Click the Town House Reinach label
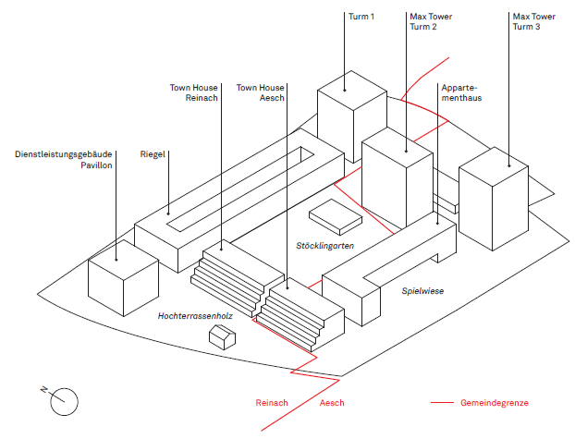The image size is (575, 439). point(193,92)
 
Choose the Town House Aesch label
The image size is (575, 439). point(260,92)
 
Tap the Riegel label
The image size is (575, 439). point(153,153)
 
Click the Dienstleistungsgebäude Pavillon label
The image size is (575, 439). point(64,159)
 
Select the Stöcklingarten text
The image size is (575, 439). point(326,245)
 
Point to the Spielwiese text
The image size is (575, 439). point(422,291)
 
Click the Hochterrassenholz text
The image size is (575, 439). point(195,316)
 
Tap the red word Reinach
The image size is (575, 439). point(273,404)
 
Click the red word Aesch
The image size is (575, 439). point(332,404)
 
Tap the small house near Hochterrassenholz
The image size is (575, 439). point(223,336)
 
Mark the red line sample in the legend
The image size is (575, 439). point(443,404)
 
